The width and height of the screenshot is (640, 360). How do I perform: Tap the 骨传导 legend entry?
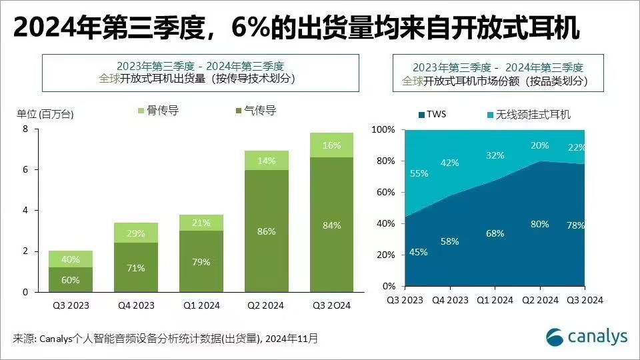click(158, 111)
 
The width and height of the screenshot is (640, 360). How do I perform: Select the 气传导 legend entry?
click(256, 111)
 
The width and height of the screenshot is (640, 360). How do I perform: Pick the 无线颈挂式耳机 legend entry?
click(527, 114)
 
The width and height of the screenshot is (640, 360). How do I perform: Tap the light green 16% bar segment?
click(331, 145)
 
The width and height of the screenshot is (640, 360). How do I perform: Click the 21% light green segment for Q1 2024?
click(201, 223)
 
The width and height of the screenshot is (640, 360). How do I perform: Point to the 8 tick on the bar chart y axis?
click(25, 129)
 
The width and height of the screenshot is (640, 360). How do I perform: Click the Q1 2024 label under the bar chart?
click(201, 306)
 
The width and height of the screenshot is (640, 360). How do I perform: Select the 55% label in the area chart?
click(419, 173)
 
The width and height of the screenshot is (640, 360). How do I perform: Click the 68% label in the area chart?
click(495, 233)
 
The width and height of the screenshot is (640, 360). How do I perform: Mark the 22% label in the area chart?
click(577, 148)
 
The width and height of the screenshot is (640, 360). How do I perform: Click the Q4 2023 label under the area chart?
click(450, 300)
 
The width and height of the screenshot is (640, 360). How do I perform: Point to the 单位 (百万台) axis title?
click(45, 114)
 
